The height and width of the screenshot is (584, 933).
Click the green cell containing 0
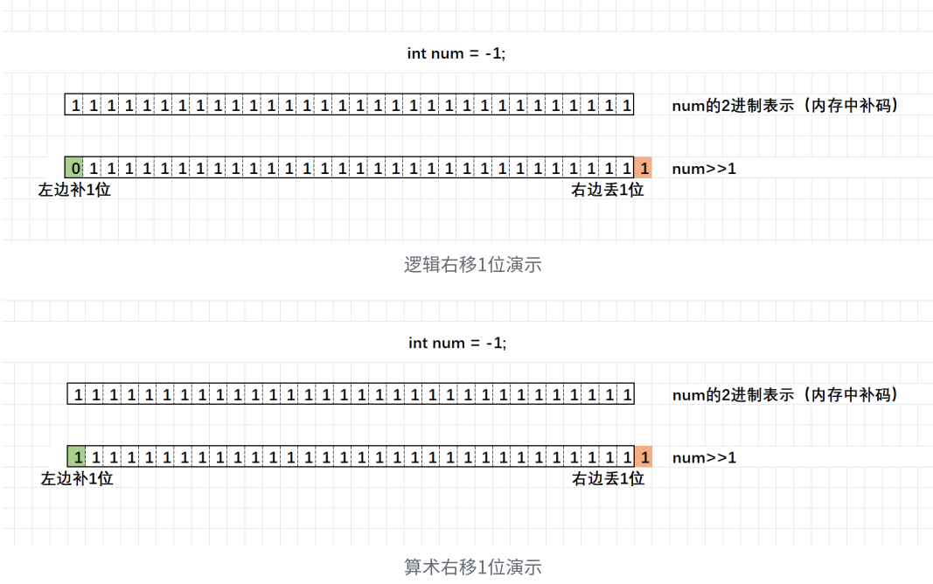75,168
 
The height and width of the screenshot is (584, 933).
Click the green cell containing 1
77,457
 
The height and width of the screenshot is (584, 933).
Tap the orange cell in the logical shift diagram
644,168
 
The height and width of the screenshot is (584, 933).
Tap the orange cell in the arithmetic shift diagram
644,457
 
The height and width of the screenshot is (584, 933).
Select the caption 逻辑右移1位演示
473,264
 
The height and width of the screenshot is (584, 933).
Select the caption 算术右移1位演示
473,567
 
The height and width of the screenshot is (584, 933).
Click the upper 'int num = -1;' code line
456,53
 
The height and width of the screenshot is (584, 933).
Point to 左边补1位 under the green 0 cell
74,190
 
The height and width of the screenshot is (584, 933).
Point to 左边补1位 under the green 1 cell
77,479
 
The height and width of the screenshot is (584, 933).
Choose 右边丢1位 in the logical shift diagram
608,190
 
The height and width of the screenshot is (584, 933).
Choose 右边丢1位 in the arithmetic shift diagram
608,479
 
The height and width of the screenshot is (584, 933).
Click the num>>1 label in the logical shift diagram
704,169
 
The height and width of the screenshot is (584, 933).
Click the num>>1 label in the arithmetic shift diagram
704,458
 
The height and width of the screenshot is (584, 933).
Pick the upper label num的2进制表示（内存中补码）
785,106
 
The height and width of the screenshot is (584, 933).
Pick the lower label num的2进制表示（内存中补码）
785,395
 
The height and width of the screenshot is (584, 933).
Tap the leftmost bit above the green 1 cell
78,395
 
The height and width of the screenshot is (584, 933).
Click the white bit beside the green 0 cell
94,168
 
